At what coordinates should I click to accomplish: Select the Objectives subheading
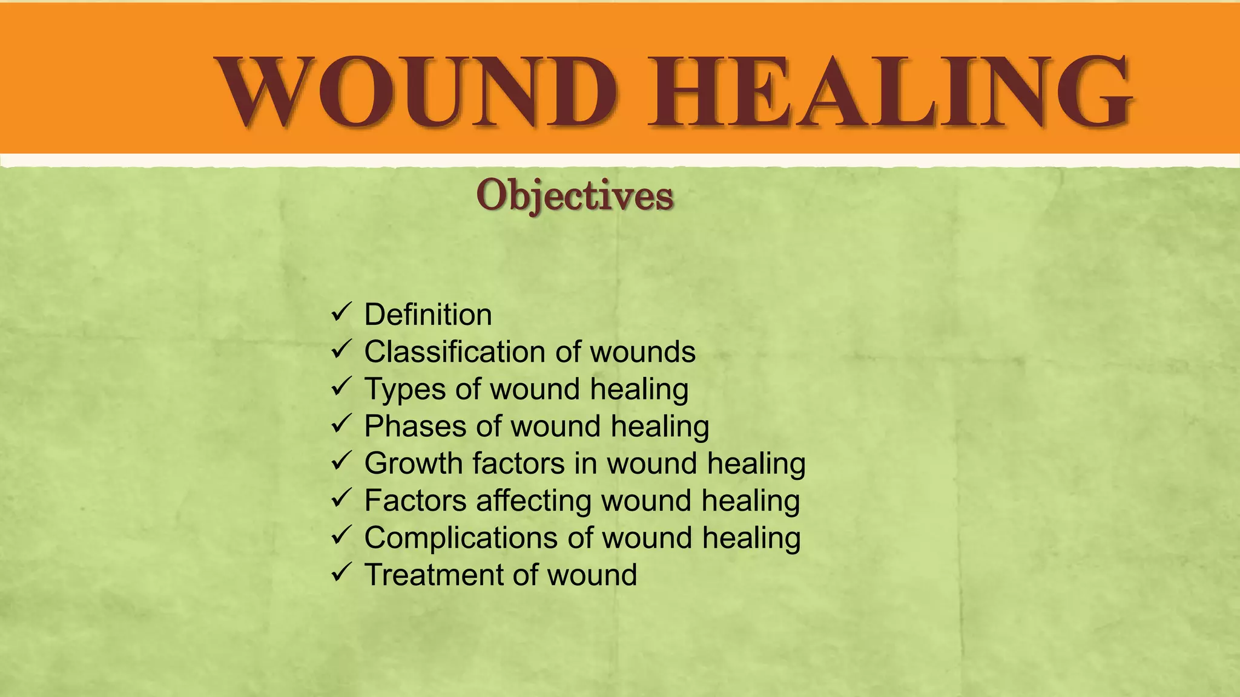[575, 195]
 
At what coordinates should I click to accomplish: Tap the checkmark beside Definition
[341, 313]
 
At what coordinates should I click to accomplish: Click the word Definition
[428, 315]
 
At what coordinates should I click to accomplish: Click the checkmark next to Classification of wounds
[341, 350]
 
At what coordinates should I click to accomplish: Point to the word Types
[405, 390]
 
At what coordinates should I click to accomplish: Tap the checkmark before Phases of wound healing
[341, 424]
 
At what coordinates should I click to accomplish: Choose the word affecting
[533, 501]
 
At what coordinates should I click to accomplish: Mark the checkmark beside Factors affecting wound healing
[341, 499]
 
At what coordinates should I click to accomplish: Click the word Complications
[461, 538]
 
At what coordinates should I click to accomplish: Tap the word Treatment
[434, 575]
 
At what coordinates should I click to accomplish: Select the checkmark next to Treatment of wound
[341, 572]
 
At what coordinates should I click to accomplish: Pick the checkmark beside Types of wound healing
[341, 387]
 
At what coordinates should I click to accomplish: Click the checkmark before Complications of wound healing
[341, 535]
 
